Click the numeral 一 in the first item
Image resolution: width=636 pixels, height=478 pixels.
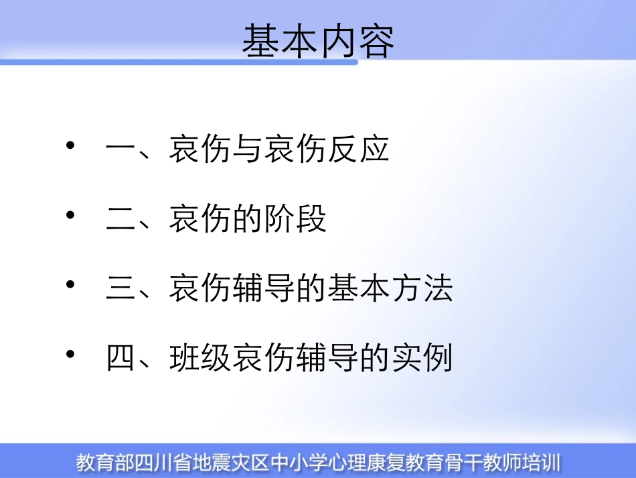[121, 150]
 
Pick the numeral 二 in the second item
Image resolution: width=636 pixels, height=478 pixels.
[121, 219]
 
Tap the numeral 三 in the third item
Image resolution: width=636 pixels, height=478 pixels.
[121, 289]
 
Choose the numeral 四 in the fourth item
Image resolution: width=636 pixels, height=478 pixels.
[121, 358]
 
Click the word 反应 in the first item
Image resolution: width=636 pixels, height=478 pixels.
[358, 150]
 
